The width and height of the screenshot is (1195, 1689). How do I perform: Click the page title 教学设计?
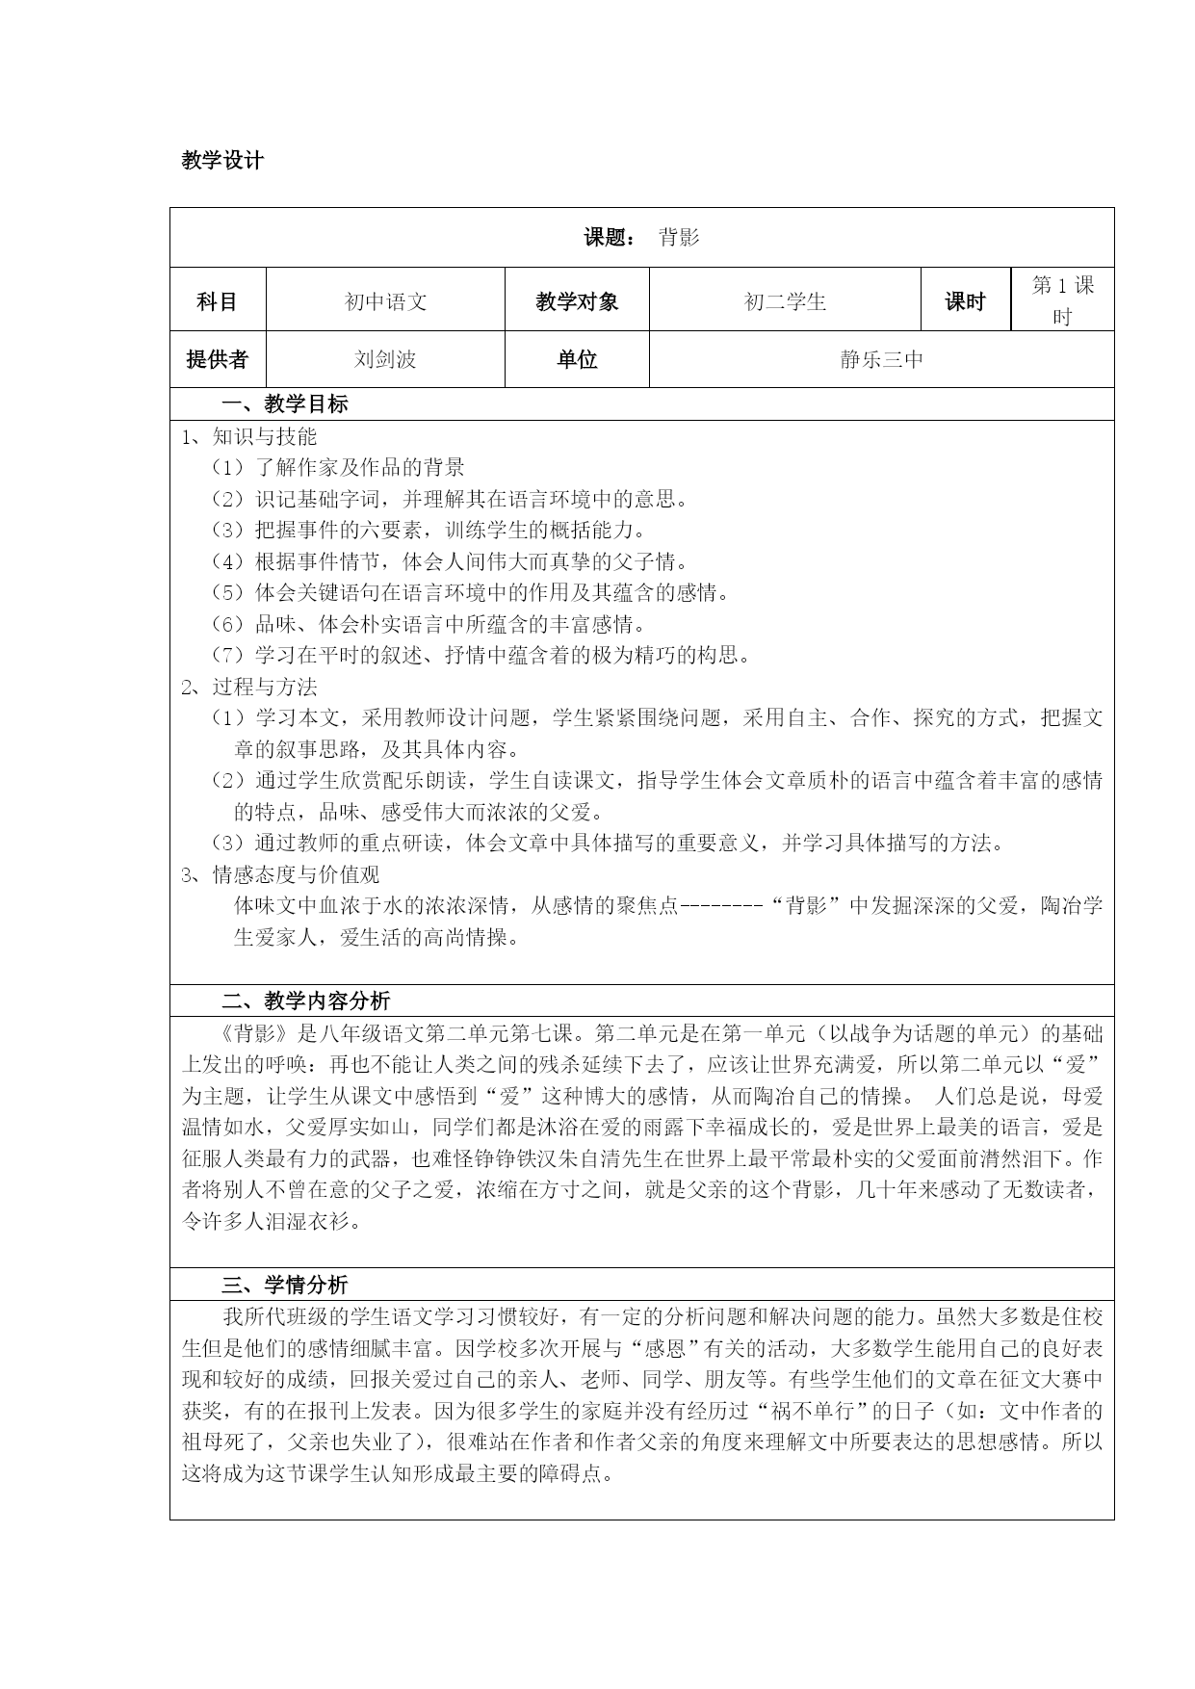(x=222, y=161)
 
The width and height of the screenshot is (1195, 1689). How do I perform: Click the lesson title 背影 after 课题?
(x=680, y=238)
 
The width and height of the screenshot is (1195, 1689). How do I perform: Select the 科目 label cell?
(x=217, y=301)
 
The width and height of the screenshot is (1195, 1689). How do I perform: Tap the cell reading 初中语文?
(x=385, y=301)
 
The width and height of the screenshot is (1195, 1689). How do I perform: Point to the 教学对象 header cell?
(x=577, y=301)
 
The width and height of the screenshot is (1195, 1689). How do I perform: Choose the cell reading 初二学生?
(x=785, y=301)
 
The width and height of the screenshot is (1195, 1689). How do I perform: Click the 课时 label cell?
(x=965, y=301)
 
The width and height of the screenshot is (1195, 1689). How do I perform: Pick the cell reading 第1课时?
(x=1062, y=300)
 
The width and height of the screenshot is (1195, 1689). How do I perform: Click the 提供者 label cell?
(x=217, y=359)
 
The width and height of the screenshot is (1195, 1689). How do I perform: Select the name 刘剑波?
(x=385, y=359)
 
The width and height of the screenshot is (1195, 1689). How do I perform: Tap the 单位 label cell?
(x=577, y=359)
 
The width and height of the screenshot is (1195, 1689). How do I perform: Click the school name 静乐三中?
(x=881, y=359)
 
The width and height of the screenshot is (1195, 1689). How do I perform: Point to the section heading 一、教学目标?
(x=285, y=404)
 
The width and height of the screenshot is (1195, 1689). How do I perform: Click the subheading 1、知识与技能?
(x=249, y=436)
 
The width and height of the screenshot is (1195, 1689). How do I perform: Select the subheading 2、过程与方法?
(x=249, y=687)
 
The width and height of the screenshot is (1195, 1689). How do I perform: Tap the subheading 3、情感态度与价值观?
(x=280, y=874)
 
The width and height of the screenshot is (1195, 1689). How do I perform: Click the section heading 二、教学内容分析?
(x=306, y=1000)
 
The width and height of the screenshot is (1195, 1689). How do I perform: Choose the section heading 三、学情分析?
(x=285, y=1285)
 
